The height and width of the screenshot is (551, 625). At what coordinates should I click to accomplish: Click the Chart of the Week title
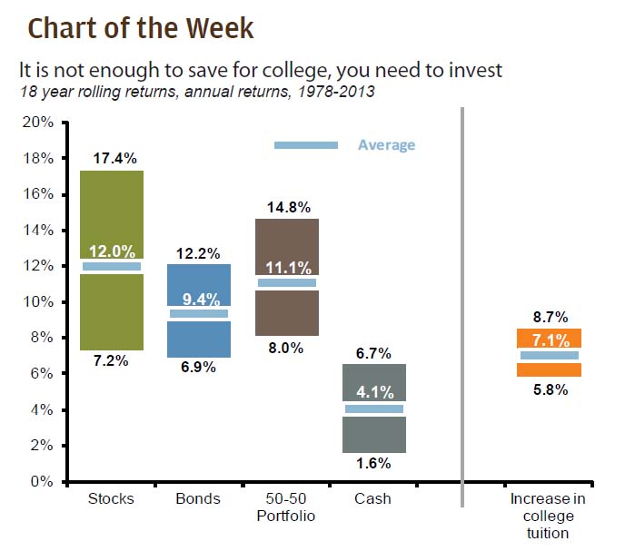point(141,28)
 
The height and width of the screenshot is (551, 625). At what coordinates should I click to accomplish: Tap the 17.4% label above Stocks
point(112,159)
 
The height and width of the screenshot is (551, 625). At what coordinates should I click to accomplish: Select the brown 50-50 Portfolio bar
point(286,313)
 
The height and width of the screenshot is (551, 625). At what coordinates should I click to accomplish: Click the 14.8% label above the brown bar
point(286,207)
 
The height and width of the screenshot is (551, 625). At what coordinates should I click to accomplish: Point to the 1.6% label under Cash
point(374,463)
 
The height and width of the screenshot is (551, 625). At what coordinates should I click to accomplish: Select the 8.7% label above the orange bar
point(550,318)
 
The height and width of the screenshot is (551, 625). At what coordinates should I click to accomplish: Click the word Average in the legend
point(386,145)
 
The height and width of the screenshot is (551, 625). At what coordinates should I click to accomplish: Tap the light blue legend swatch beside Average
point(306,145)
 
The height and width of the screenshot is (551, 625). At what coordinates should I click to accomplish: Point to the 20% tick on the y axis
point(39,123)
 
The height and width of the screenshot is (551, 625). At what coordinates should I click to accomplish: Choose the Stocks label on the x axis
point(112,499)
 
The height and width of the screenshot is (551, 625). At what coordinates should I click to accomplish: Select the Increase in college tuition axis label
point(548,516)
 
